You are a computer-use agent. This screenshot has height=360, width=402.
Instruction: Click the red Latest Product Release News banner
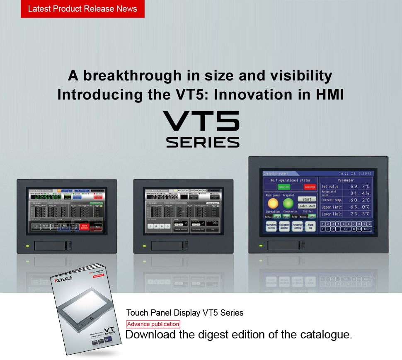82,9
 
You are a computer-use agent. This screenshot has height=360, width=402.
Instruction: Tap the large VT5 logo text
201,121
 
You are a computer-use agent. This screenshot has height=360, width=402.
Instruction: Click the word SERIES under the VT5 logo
203,142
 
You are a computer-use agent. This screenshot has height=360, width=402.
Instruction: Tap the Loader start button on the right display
307,206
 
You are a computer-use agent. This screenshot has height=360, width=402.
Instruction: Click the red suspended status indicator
310,187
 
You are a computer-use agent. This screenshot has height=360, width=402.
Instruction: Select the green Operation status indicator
284,187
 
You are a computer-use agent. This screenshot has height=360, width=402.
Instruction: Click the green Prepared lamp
288,203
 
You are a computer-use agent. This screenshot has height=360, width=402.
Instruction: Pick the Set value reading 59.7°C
359,187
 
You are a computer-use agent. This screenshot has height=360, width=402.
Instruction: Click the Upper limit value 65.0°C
359,207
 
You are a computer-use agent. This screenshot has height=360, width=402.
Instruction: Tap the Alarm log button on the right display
310,226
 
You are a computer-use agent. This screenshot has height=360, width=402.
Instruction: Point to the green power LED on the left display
27,246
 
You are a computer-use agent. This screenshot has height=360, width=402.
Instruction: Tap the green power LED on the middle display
144,246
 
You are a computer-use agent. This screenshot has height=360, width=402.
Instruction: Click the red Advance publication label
153,324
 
